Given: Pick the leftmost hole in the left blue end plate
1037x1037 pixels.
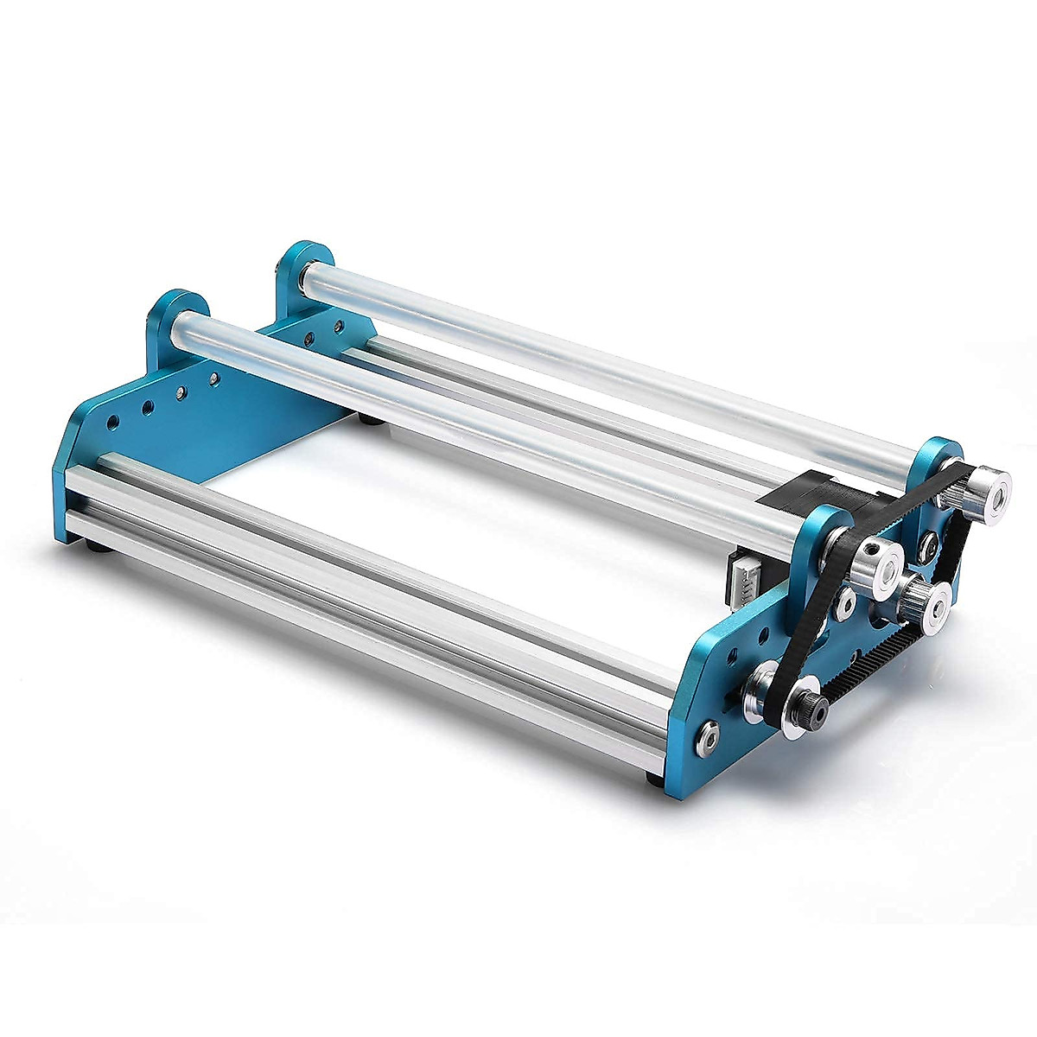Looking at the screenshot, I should [x=111, y=422].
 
